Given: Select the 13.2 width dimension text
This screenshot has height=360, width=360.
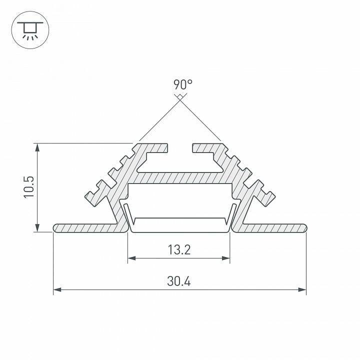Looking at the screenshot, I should click(179, 249).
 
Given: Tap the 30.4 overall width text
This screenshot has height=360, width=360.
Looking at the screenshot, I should click(179, 281).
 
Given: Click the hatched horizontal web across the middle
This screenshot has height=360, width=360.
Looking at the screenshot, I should click(180, 177).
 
